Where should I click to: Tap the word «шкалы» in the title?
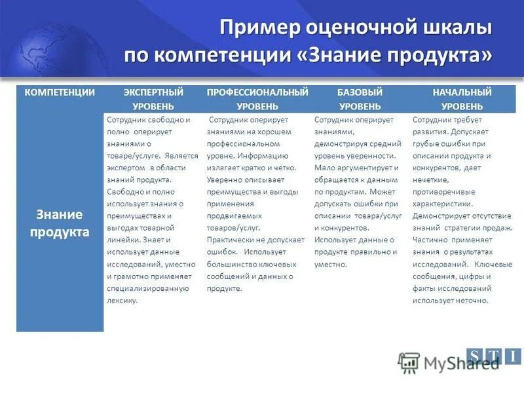(x=455, y=29)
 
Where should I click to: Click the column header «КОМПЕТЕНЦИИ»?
(x=60, y=92)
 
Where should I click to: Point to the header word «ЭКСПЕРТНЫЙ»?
(x=153, y=92)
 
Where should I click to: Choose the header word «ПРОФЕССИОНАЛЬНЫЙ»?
(x=257, y=92)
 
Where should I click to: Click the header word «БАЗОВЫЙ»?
(x=360, y=92)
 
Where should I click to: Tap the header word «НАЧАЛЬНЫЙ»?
(x=462, y=92)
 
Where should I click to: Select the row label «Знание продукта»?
(x=60, y=223)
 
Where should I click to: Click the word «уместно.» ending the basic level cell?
(x=331, y=264)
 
